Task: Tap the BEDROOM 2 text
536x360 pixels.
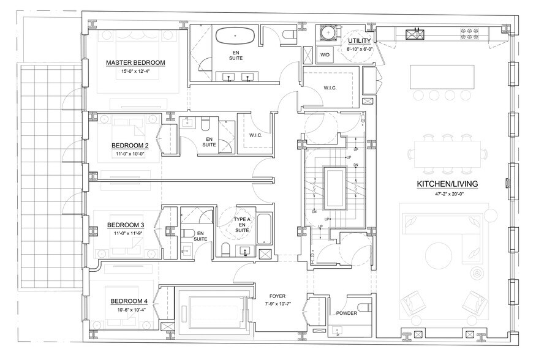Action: [x=130, y=146]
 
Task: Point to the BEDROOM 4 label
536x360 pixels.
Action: [x=129, y=301]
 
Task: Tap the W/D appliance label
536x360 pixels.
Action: [x=325, y=54]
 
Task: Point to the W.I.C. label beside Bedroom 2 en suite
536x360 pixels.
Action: [x=255, y=135]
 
